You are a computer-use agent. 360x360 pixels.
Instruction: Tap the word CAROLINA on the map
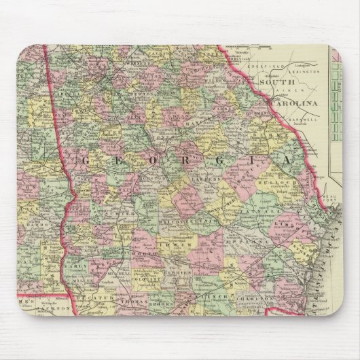[x=294, y=103]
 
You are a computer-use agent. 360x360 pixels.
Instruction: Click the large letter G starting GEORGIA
[x=86, y=160]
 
